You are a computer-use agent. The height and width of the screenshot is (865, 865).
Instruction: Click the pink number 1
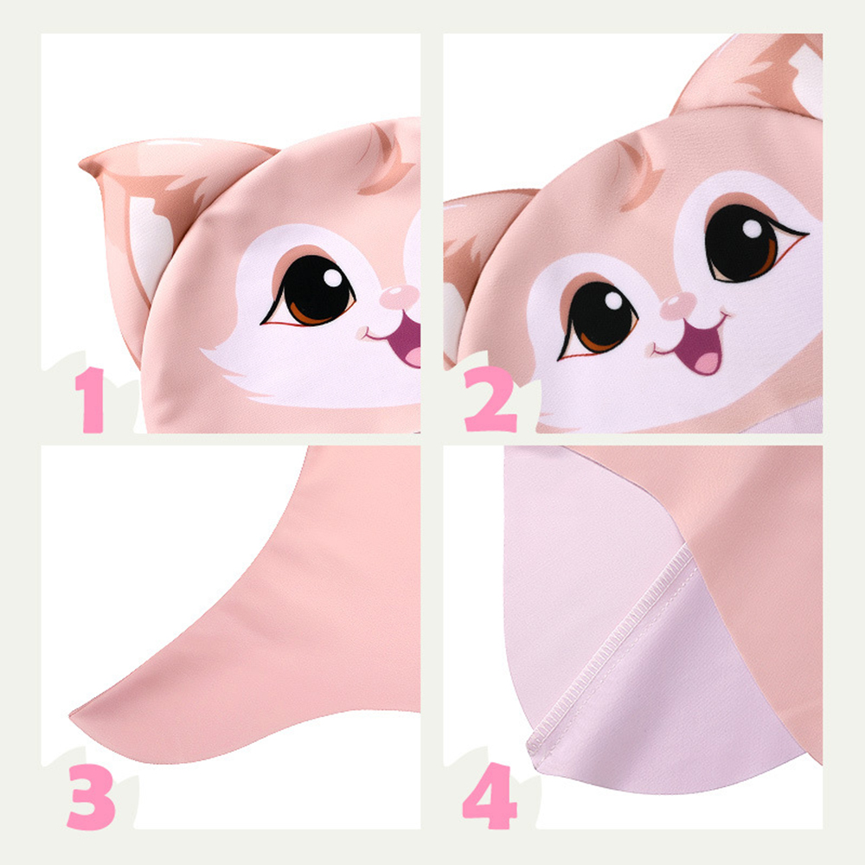tap(91, 400)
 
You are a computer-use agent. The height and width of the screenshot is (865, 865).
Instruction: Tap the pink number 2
tap(490, 400)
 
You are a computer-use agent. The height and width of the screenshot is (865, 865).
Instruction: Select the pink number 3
tap(91, 797)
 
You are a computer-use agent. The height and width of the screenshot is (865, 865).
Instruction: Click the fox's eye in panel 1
tap(311, 290)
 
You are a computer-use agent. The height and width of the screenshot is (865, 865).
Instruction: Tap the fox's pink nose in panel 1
tap(398, 298)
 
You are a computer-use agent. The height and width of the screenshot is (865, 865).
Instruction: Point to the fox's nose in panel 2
tap(678, 306)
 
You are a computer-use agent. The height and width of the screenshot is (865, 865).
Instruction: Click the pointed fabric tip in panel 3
tap(73, 715)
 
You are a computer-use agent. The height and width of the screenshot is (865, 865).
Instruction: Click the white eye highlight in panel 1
tap(332, 278)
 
